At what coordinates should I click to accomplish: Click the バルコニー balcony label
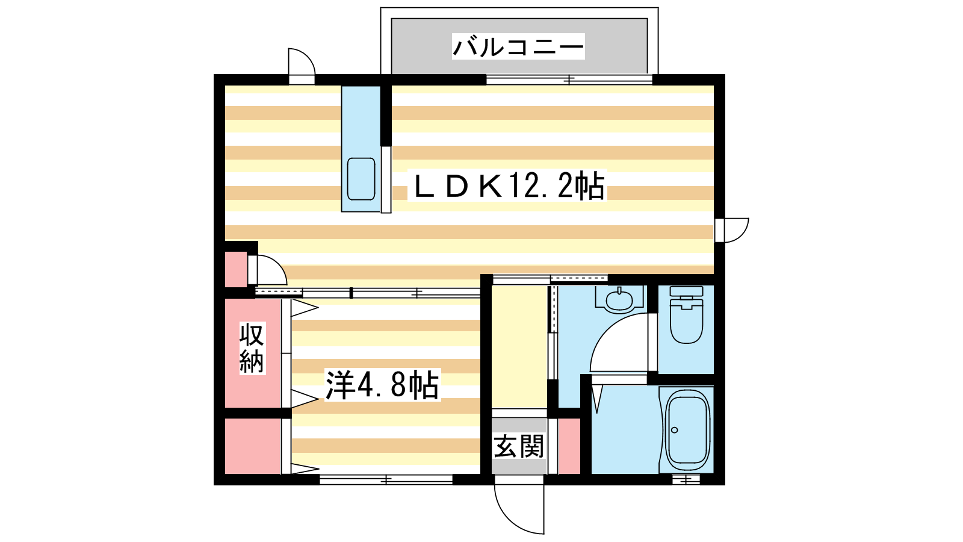(518, 46)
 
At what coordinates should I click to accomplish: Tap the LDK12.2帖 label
(507, 185)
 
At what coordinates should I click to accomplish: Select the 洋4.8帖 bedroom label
(382, 385)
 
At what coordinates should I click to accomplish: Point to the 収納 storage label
(252, 348)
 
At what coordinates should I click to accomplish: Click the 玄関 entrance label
(519, 446)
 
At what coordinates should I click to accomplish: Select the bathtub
(687, 430)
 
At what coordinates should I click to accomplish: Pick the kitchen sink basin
(361, 179)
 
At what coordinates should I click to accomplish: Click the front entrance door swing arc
(508, 519)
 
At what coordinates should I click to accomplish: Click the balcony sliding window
(569, 80)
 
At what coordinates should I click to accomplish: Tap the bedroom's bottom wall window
(386, 479)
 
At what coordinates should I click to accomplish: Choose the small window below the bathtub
(686, 479)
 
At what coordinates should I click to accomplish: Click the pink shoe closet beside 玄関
(569, 446)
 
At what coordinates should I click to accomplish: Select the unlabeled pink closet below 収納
(253, 446)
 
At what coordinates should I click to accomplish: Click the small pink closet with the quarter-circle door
(236, 269)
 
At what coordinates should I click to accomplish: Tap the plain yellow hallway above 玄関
(519, 347)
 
